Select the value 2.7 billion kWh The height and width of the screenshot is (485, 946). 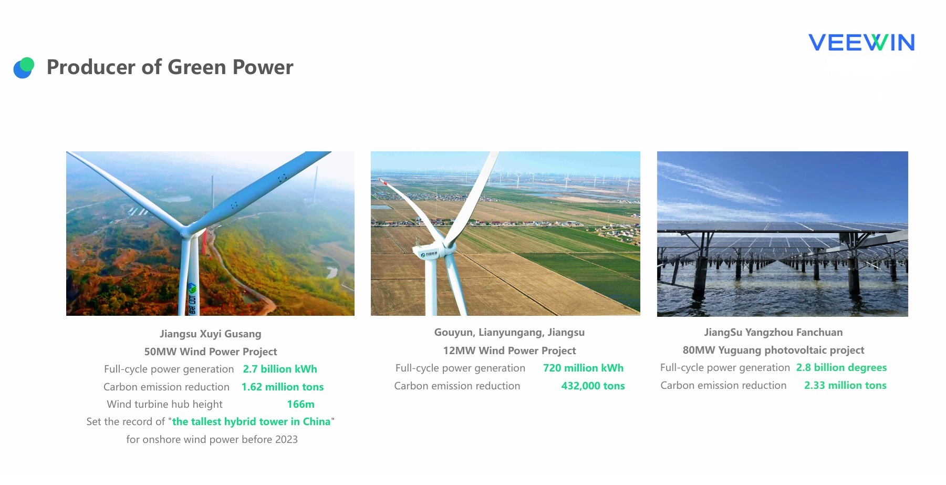coord(280,369)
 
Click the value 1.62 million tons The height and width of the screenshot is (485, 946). coord(283,387)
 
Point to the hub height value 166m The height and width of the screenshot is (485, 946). coord(300,404)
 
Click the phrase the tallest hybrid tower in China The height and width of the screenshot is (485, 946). coord(252,421)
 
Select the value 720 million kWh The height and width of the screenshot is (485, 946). coord(583,368)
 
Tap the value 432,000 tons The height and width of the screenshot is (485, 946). coord(593,386)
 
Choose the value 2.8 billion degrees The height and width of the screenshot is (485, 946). coord(841,367)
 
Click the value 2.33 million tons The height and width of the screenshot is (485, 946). coord(845,385)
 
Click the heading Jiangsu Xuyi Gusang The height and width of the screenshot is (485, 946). coord(211,334)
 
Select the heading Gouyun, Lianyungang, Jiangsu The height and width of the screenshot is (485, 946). coord(510,333)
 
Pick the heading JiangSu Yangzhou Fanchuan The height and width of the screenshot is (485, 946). coord(773,332)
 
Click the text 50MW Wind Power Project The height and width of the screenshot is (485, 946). coord(211,352)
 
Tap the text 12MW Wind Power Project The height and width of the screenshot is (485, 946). coord(510,350)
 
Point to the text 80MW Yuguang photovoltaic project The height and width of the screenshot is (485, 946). coord(773,350)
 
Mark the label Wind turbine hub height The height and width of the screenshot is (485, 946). coord(164,404)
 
